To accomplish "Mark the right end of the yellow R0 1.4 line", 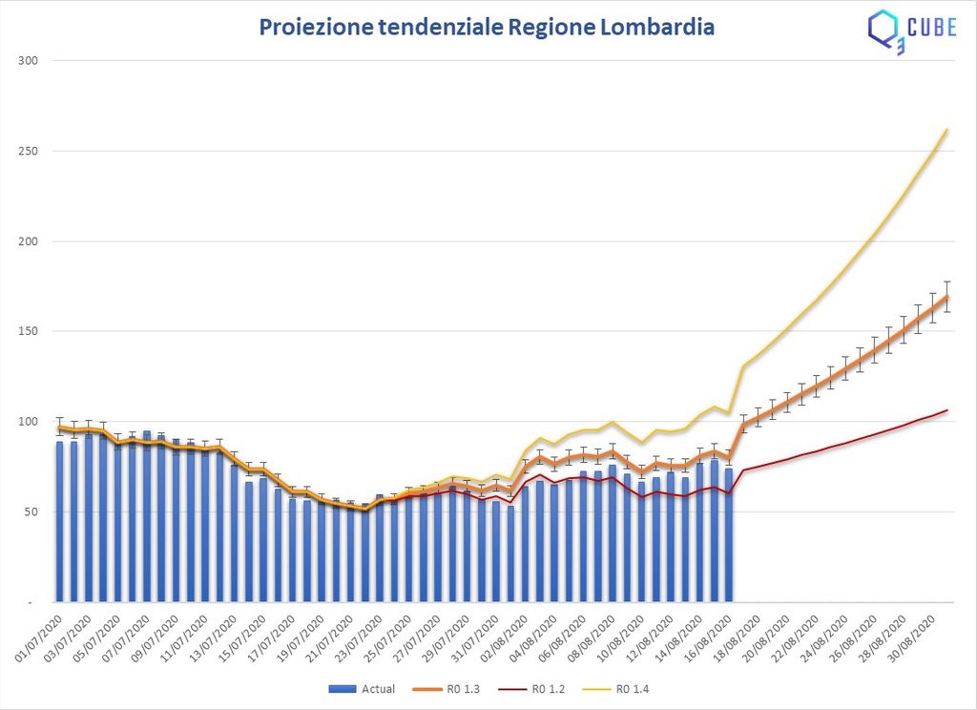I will pyautogui.click(x=946, y=129).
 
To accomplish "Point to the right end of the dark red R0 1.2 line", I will pyautogui.click(x=947, y=410).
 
